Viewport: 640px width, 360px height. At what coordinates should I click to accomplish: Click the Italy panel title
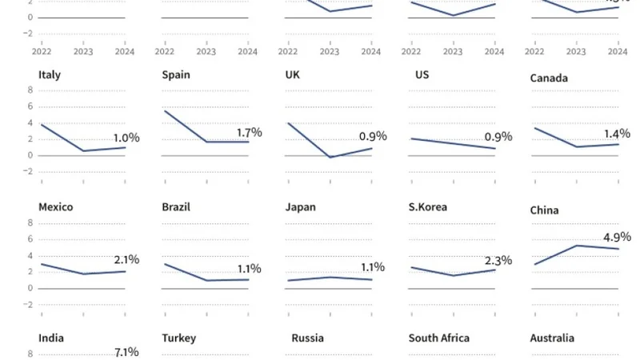[x=50, y=75]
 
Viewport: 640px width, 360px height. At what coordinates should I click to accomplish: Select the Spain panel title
[x=176, y=75]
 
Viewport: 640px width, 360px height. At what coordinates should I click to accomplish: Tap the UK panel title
[x=293, y=75]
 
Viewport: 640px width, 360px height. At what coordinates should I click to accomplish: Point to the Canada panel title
[x=549, y=78]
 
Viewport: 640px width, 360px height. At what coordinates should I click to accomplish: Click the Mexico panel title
[x=56, y=206]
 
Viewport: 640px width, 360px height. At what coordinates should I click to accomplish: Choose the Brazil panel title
[x=176, y=206]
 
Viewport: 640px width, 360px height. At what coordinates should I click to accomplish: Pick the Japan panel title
[x=301, y=206]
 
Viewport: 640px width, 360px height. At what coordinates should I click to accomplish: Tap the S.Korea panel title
[x=427, y=206]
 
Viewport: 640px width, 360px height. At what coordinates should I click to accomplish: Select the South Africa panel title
[x=439, y=338]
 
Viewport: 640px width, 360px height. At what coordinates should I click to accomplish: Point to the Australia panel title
[x=552, y=338]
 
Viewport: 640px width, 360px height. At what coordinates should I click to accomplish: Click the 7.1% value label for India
[x=126, y=351]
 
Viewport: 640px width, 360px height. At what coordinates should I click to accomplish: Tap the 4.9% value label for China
[x=616, y=237]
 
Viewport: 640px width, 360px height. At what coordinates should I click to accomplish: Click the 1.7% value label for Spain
[x=249, y=132]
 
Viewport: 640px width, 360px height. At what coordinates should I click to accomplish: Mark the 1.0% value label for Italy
[x=126, y=138]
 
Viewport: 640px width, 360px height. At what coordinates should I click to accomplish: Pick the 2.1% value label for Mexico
[x=126, y=259]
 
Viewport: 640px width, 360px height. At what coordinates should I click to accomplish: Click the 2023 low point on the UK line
[x=330, y=157]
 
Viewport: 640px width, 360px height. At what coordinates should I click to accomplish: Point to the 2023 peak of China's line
[x=576, y=245]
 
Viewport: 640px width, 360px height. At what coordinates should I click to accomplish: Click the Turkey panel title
[x=179, y=338]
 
